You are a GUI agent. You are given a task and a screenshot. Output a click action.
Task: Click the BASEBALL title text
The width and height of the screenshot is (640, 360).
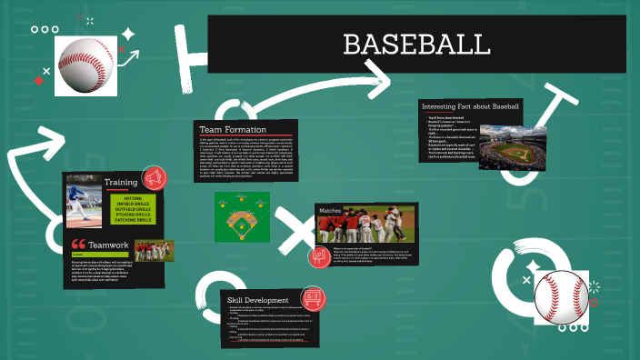coord(417,45)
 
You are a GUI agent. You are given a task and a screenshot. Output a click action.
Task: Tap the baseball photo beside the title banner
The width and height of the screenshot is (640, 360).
coord(86,65)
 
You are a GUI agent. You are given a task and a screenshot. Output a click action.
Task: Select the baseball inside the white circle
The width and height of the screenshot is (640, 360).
coord(560,295)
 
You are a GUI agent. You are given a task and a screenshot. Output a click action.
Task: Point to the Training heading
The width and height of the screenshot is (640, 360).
coord(121,182)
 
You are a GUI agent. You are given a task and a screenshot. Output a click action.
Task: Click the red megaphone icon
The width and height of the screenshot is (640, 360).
coord(154,177)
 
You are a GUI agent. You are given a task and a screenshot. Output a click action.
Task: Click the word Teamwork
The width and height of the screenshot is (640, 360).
coord(108,245)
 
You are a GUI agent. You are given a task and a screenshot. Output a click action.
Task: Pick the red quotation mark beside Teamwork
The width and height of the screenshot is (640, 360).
coord(77,245)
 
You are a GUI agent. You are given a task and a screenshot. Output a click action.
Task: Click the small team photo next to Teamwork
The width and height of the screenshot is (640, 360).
coord(154,249)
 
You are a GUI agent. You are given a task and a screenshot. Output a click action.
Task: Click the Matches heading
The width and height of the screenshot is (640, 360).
coord(329,211)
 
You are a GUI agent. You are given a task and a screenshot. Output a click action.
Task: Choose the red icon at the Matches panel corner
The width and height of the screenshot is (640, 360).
coord(319,257)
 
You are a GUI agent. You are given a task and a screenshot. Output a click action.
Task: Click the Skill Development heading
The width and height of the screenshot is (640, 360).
coord(258,300)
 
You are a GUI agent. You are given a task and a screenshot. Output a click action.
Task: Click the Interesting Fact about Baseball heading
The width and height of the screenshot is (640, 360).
coord(470,106)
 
